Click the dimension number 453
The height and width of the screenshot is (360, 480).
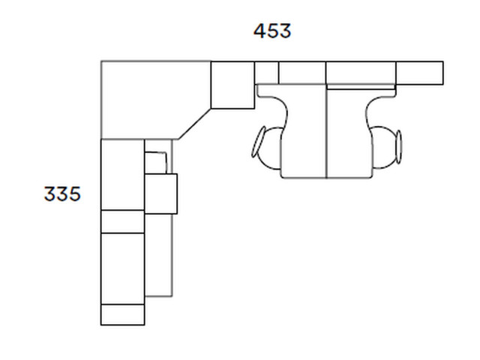pyautogui.click(x=272, y=31)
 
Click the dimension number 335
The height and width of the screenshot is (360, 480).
pyautogui.click(x=62, y=193)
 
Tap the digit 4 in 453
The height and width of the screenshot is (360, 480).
pyautogui.click(x=259, y=31)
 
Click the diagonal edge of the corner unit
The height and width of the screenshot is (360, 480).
pyautogui.click(x=195, y=124)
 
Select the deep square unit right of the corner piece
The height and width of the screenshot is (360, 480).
pyautogui.click(x=232, y=85)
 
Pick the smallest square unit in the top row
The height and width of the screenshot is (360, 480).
pyautogui.click(x=267, y=73)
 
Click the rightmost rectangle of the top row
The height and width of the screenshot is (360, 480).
pyautogui.click(x=420, y=73)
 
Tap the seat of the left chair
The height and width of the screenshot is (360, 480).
pyautogui.click(x=304, y=132)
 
